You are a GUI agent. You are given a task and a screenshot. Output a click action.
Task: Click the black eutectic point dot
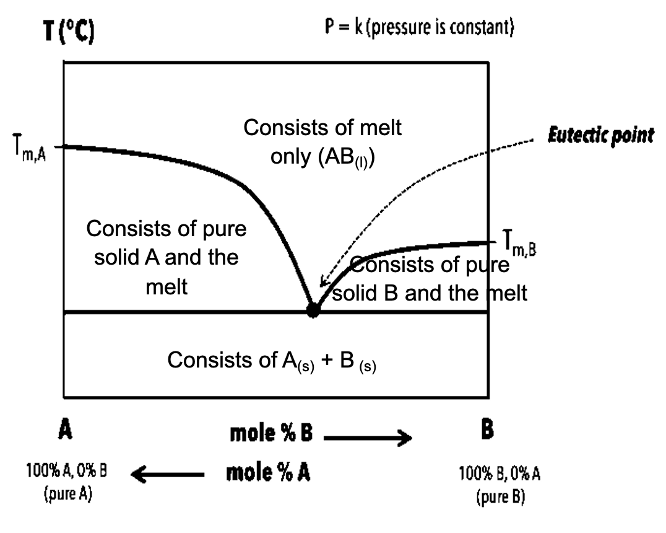click(x=313, y=310)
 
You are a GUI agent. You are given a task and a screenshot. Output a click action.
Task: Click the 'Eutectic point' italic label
click(x=600, y=136)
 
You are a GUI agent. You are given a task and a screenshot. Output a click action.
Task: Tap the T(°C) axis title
click(x=69, y=31)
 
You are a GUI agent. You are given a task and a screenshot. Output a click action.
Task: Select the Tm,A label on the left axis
click(x=29, y=148)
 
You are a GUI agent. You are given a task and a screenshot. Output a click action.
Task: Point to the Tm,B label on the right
click(x=519, y=244)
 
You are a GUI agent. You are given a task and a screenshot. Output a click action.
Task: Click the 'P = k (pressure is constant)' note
click(x=419, y=27)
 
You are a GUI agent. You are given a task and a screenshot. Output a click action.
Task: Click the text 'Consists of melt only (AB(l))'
click(x=322, y=143)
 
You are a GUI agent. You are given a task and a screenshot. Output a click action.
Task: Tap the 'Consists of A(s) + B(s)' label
click(x=272, y=361)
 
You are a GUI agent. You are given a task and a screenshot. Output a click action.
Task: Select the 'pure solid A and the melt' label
click(x=166, y=257)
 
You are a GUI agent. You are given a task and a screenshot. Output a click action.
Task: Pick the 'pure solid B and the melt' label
click(x=430, y=279)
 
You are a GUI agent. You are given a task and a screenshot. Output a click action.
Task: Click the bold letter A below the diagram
click(x=65, y=429)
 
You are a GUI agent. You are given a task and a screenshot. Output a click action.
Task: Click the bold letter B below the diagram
click(x=487, y=429)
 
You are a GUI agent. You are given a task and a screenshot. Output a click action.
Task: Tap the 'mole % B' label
click(x=271, y=433)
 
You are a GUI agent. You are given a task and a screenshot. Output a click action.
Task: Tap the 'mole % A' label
click(x=268, y=473)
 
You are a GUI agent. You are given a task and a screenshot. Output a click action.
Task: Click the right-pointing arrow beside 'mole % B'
click(x=368, y=438)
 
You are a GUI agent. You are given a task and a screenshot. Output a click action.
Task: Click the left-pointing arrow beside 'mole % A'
click(x=167, y=474)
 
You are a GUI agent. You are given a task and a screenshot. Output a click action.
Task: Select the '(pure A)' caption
click(x=68, y=494)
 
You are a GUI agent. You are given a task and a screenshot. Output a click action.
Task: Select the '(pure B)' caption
click(x=501, y=497)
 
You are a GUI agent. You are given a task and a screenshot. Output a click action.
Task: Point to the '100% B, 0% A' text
click(x=500, y=473)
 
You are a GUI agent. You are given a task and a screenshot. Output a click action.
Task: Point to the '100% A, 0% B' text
click(x=67, y=470)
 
